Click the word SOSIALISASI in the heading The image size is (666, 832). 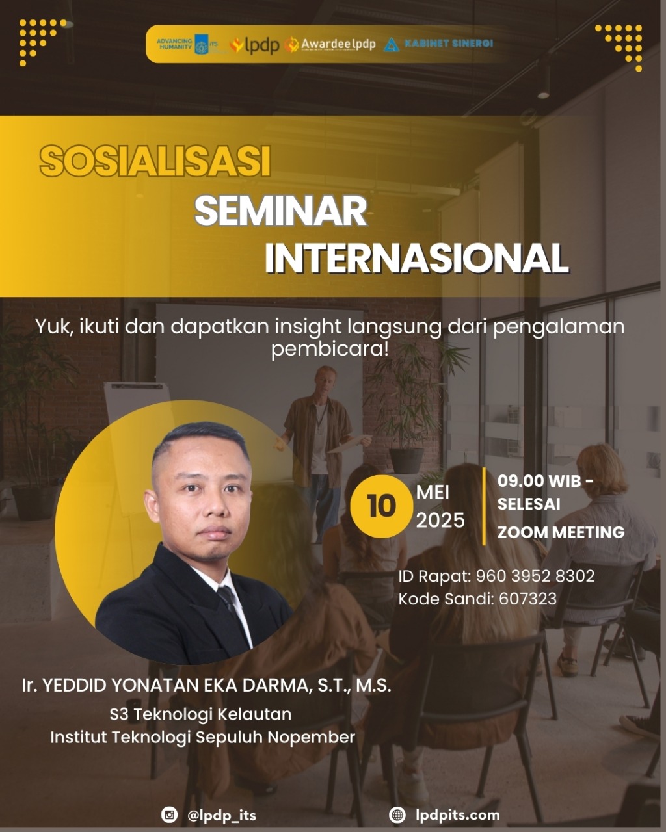[x=155, y=161]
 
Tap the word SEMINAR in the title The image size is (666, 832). [x=281, y=211]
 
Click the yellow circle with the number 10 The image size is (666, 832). [x=381, y=506]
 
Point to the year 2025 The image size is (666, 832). [x=440, y=521]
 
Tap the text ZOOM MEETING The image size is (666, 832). [x=561, y=532]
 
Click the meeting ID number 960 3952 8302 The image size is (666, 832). [x=535, y=576]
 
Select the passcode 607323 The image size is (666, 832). [x=527, y=599]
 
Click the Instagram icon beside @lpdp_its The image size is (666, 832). [x=169, y=814]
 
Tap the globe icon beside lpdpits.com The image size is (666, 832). [x=397, y=814]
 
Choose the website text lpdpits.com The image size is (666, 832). [x=458, y=815]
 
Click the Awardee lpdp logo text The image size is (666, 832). [x=338, y=44]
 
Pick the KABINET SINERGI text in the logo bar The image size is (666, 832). [x=449, y=44]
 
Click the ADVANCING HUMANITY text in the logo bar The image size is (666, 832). [x=174, y=44]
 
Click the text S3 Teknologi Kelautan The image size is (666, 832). [x=200, y=714]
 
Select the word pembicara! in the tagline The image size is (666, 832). [x=329, y=350]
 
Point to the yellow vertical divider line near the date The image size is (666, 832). [x=484, y=506]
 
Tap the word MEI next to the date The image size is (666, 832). [x=433, y=493]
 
